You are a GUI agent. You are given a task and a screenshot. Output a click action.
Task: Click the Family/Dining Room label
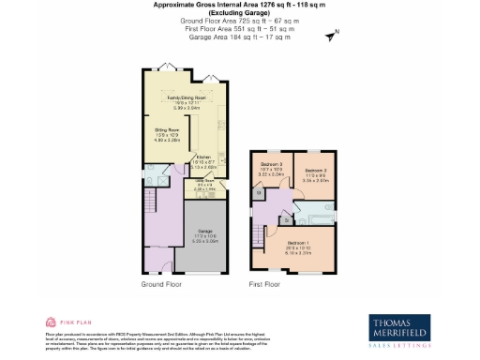tap(187, 97)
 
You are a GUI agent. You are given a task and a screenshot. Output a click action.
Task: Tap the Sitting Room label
tap(167, 132)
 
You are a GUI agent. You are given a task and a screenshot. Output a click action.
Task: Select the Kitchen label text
tap(205, 160)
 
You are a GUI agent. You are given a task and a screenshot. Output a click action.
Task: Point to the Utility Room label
tap(204, 184)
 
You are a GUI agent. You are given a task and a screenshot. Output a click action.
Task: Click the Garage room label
tap(204, 235)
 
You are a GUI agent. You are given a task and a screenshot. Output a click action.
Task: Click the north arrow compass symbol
tap(330, 37)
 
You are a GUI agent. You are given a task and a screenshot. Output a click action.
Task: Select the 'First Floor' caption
tap(265, 283)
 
